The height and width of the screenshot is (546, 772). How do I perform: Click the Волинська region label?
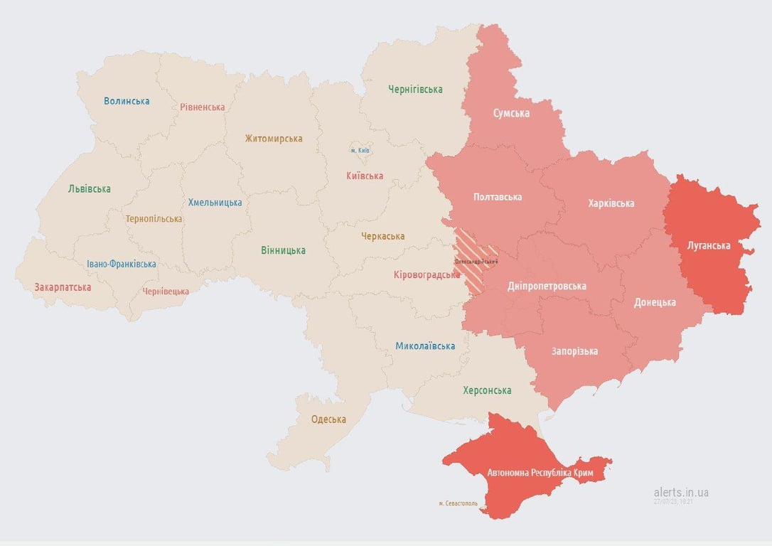(127, 101)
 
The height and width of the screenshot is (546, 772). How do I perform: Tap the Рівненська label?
(202, 107)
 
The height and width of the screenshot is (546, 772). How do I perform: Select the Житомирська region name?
(274, 139)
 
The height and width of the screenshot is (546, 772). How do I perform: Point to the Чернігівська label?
(415, 90)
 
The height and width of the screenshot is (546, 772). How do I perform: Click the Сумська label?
(511, 113)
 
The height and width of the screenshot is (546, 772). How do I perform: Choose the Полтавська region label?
(498, 197)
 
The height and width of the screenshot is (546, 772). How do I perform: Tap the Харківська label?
(611, 204)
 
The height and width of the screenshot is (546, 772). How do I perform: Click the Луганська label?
(709, 246)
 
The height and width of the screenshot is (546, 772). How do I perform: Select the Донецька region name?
(655, 302)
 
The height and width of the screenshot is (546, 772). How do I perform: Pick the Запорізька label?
(574, 351)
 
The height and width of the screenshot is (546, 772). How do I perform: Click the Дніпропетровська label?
(547, 287)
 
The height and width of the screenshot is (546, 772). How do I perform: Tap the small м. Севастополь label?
(458, 503)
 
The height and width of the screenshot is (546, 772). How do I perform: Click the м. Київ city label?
(360, 151)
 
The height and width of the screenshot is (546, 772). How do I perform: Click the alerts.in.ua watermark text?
(680, 492)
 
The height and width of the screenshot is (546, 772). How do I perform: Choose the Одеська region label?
(328, 419)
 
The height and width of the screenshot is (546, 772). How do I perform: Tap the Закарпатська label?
(63, 288)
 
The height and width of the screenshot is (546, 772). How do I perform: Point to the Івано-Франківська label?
(122, 264)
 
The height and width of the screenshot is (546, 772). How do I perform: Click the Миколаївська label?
(425, 346)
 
